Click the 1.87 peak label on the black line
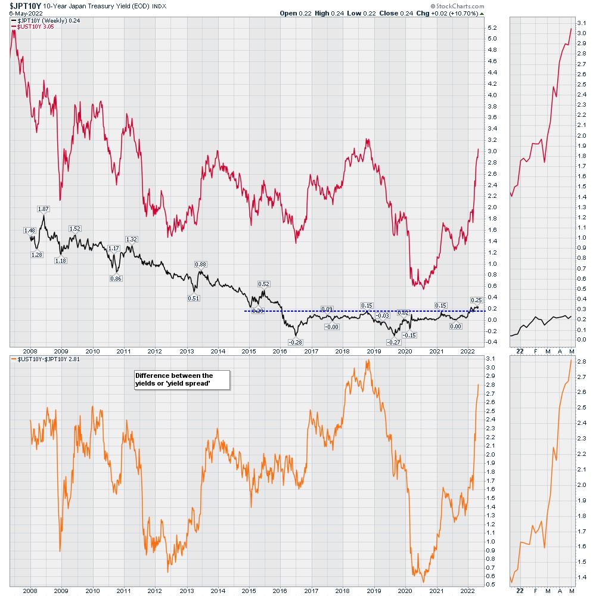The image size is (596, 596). coord(43,209)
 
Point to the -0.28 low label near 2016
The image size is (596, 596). coord(295,342)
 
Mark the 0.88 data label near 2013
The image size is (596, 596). coord(201,264)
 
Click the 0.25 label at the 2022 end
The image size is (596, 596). coord(476,300)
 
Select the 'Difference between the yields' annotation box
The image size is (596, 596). coord(174,380)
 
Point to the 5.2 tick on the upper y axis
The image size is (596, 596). coord(492,28)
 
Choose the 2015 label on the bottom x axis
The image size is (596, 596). coord(247,590)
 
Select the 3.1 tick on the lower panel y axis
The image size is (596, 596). coord(492,358)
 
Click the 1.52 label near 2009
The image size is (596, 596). coord(75,228)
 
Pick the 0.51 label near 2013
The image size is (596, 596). coord(194,298)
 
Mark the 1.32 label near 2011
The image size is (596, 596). coord(132,239)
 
